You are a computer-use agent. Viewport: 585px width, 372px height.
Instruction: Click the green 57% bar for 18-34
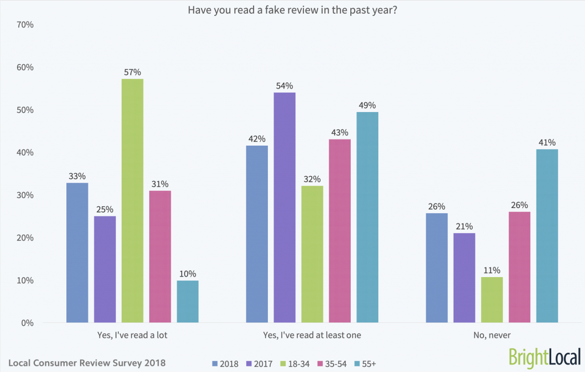(133, 201)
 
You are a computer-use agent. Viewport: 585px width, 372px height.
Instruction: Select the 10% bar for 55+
(188, 301)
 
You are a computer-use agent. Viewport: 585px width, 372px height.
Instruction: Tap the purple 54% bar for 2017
(285, 207)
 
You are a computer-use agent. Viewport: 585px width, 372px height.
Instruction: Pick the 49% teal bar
(367, 217)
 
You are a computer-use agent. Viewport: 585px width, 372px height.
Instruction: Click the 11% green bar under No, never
(491, 299)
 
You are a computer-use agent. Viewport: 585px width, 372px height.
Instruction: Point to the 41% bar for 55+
(547, 235)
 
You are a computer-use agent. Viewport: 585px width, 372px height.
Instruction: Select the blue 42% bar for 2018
(257, 234)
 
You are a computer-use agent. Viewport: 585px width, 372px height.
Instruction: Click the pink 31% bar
(160, 256)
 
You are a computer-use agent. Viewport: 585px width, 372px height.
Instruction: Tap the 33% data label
(77, 176)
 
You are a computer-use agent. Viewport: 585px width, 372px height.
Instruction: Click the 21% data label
(464, 226)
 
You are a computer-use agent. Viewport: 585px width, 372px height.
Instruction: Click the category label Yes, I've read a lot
(133, 335)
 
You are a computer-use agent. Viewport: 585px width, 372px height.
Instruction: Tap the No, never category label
(491, 335)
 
